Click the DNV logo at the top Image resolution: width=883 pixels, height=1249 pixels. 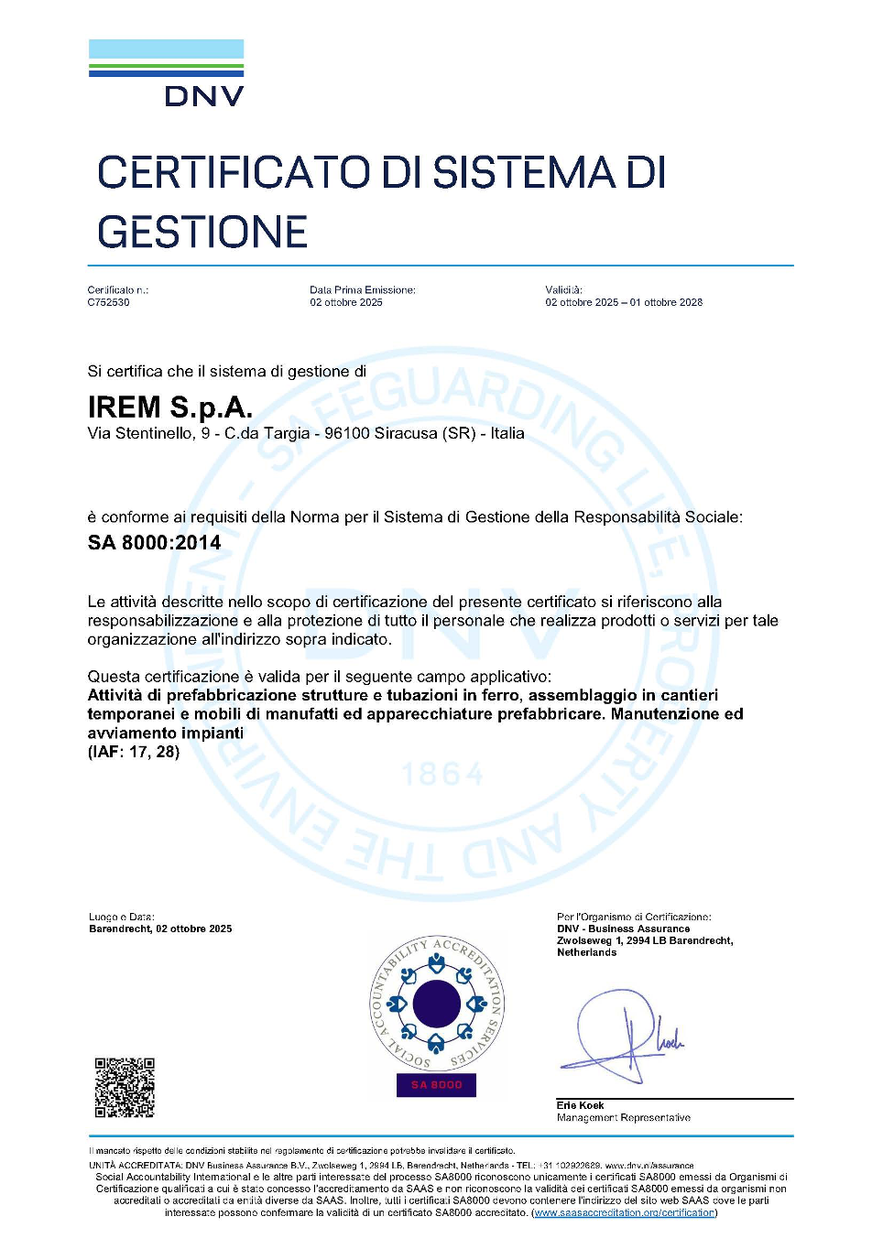pos(167,73)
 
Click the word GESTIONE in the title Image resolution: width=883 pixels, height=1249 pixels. pos(202,232)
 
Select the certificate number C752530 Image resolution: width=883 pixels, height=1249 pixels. pos(108,302)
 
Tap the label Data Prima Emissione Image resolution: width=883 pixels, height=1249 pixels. pos(362,289)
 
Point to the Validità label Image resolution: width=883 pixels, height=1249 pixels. pos(563,289)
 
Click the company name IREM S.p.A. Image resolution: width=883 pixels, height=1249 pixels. pos(169,407)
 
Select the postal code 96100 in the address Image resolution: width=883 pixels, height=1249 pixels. pos(347,433)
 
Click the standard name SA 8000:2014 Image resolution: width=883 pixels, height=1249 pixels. pos(154,542)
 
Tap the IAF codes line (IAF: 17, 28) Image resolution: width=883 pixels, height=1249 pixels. pos(134,752)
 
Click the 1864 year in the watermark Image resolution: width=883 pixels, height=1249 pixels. pos(442,775)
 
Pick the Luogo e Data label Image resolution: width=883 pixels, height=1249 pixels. pos(121,917)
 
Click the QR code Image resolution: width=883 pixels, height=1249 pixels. pos(125,1088)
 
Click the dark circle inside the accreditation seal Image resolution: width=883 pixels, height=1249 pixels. pos(437,1004)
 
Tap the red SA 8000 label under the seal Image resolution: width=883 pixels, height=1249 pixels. pos(437,1085)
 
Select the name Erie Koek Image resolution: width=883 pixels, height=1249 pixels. pos(580,1105)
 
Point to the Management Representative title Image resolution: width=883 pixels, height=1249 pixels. pos(623,1117)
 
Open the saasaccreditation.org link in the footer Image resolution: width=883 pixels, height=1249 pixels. pos(624,1212)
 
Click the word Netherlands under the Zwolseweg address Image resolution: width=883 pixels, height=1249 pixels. pos(586,952)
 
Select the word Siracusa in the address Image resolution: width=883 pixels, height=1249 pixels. pos(406,433)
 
